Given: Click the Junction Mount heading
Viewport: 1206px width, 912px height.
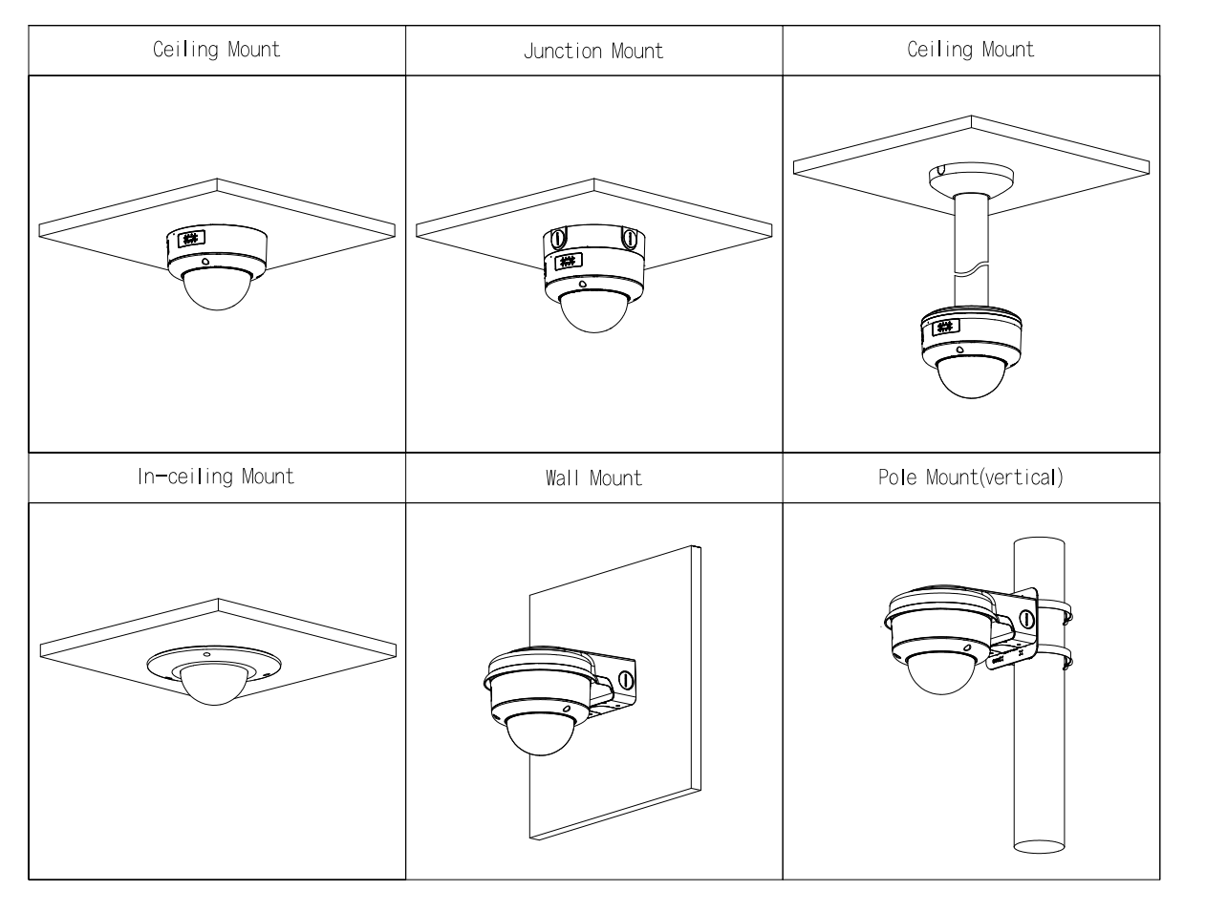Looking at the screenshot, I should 592,51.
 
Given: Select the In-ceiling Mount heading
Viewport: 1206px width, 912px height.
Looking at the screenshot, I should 215,477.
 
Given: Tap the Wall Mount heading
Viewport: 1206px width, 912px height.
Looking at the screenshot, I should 593,477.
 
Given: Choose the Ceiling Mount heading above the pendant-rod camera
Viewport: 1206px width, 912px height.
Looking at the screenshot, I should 970,50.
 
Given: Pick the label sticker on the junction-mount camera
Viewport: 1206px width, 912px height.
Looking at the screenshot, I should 568,261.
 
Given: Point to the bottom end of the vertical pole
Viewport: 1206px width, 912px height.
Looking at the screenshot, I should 1039,844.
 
